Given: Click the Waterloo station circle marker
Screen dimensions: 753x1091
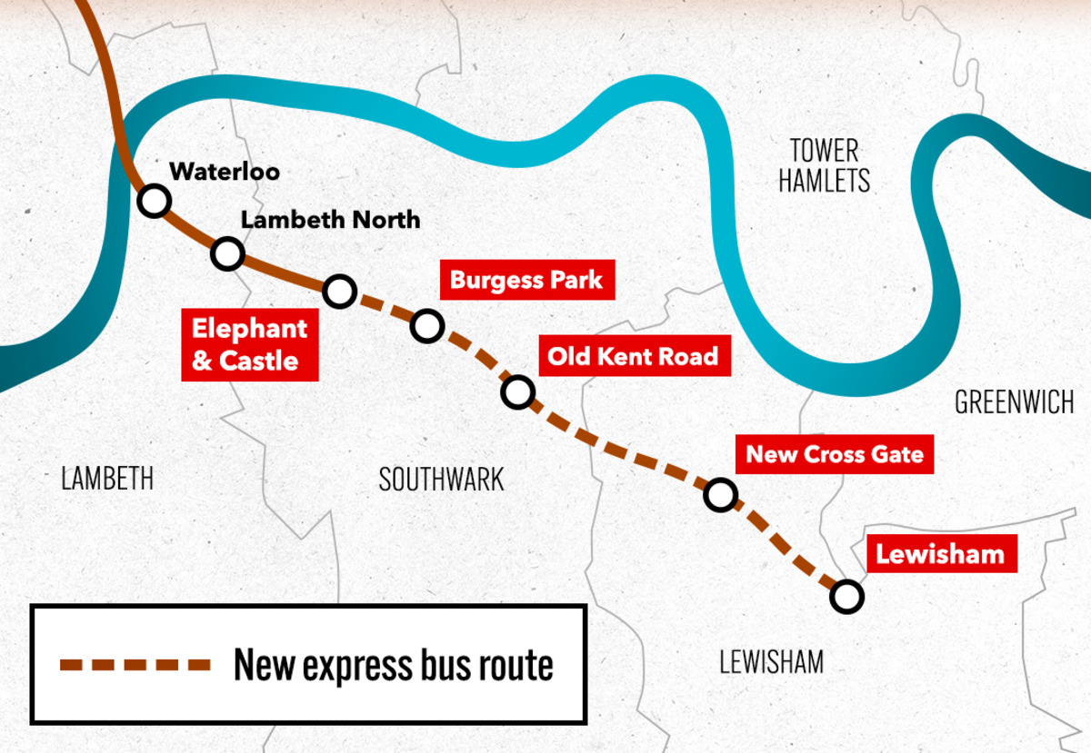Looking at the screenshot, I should pyautogui.click(x=154, y=200).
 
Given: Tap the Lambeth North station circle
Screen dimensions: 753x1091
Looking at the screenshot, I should pyautogui.click(x=226, y=253).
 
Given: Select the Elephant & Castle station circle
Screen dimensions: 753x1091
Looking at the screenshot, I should pyautogui.click(x=339, y=291).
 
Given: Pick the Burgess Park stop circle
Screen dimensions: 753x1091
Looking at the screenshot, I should pyautogui.click(x=426, y=324).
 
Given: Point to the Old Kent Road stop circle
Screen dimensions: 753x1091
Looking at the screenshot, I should pyautogui.click(x=516, y=391).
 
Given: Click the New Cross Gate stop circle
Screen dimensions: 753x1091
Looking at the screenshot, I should pyautogui.click(x=719, y=494).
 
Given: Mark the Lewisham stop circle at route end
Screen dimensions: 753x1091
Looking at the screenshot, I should pyautogui.click(x=846, y=597).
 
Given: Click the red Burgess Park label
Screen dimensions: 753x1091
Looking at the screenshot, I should pyautogui.click(x=526, y=279).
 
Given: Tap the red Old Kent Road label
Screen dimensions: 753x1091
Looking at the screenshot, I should pyautogui.click(x=633, y=356).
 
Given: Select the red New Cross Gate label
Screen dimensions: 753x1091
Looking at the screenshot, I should pyautogui.click(x=835, y=453).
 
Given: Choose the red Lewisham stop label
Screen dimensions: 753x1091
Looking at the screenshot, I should pyautogui.click(x=940, y=553).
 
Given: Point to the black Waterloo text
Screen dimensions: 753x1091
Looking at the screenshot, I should pyautogui.click(x=225, y=170).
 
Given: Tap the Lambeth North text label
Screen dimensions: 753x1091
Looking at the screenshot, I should pyautogui.click(x=330, y=219).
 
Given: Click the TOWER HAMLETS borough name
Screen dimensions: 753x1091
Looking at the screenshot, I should pyautogui.click(x=824, y=165).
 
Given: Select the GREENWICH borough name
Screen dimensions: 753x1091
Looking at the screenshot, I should pyautogui.click(x=1015, y=401).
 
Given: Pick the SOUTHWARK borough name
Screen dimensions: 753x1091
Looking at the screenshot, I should pyautogui.click(x=441, y=480).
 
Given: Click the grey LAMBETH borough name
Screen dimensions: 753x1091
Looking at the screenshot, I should pyautogui.click(x=107, y=479).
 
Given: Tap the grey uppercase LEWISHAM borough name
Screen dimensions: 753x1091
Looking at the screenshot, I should pyautogui.click(x=771, y=661).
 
